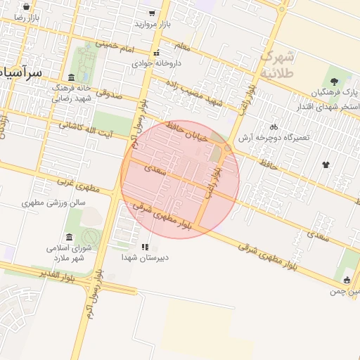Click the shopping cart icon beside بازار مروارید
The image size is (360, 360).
tap(152, 13)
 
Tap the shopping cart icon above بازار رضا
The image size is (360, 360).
tap(26, 6)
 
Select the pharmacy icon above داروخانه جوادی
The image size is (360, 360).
tap(157, 53)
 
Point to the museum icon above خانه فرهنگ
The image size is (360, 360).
tap(71, 77)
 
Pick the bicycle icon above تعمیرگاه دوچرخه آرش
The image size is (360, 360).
tap(274, 127)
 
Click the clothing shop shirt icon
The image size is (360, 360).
tap(326, 165)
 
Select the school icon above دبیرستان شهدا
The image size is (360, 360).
tap(145, 247)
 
